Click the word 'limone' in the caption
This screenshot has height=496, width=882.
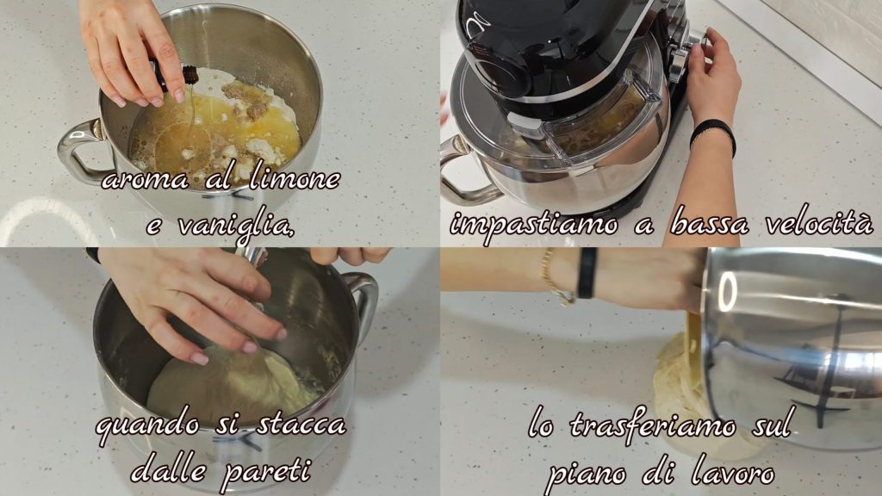pos(295,179)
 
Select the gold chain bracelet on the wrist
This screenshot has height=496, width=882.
pos(552,278)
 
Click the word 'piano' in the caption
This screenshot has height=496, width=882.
pos(586,475)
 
